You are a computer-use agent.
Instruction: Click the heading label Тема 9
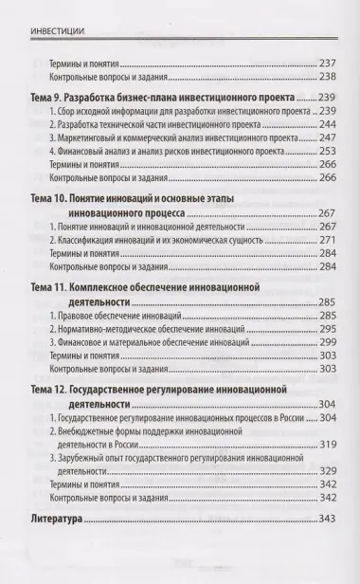[52, 98]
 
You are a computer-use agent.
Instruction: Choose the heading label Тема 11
[55, 285]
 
